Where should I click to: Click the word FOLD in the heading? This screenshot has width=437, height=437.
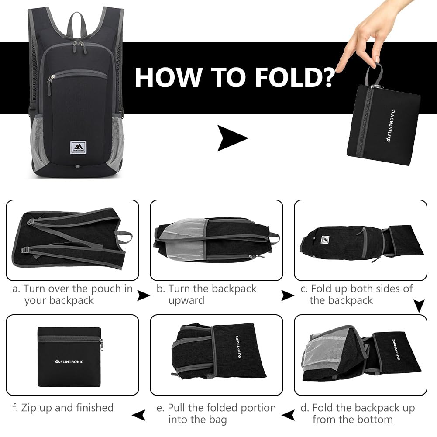289,77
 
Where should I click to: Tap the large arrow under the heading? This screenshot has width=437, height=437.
232,138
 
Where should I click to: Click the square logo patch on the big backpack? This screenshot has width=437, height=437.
78,148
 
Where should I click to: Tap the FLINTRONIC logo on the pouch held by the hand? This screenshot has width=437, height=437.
391,126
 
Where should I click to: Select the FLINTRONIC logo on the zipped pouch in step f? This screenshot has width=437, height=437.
69,361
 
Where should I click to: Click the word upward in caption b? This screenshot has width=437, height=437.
186,300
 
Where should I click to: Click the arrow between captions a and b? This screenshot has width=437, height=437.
144,296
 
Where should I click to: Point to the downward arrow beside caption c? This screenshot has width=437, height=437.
419,306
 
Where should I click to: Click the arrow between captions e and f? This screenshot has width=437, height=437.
138,415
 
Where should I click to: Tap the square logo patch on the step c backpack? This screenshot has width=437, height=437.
325,239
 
